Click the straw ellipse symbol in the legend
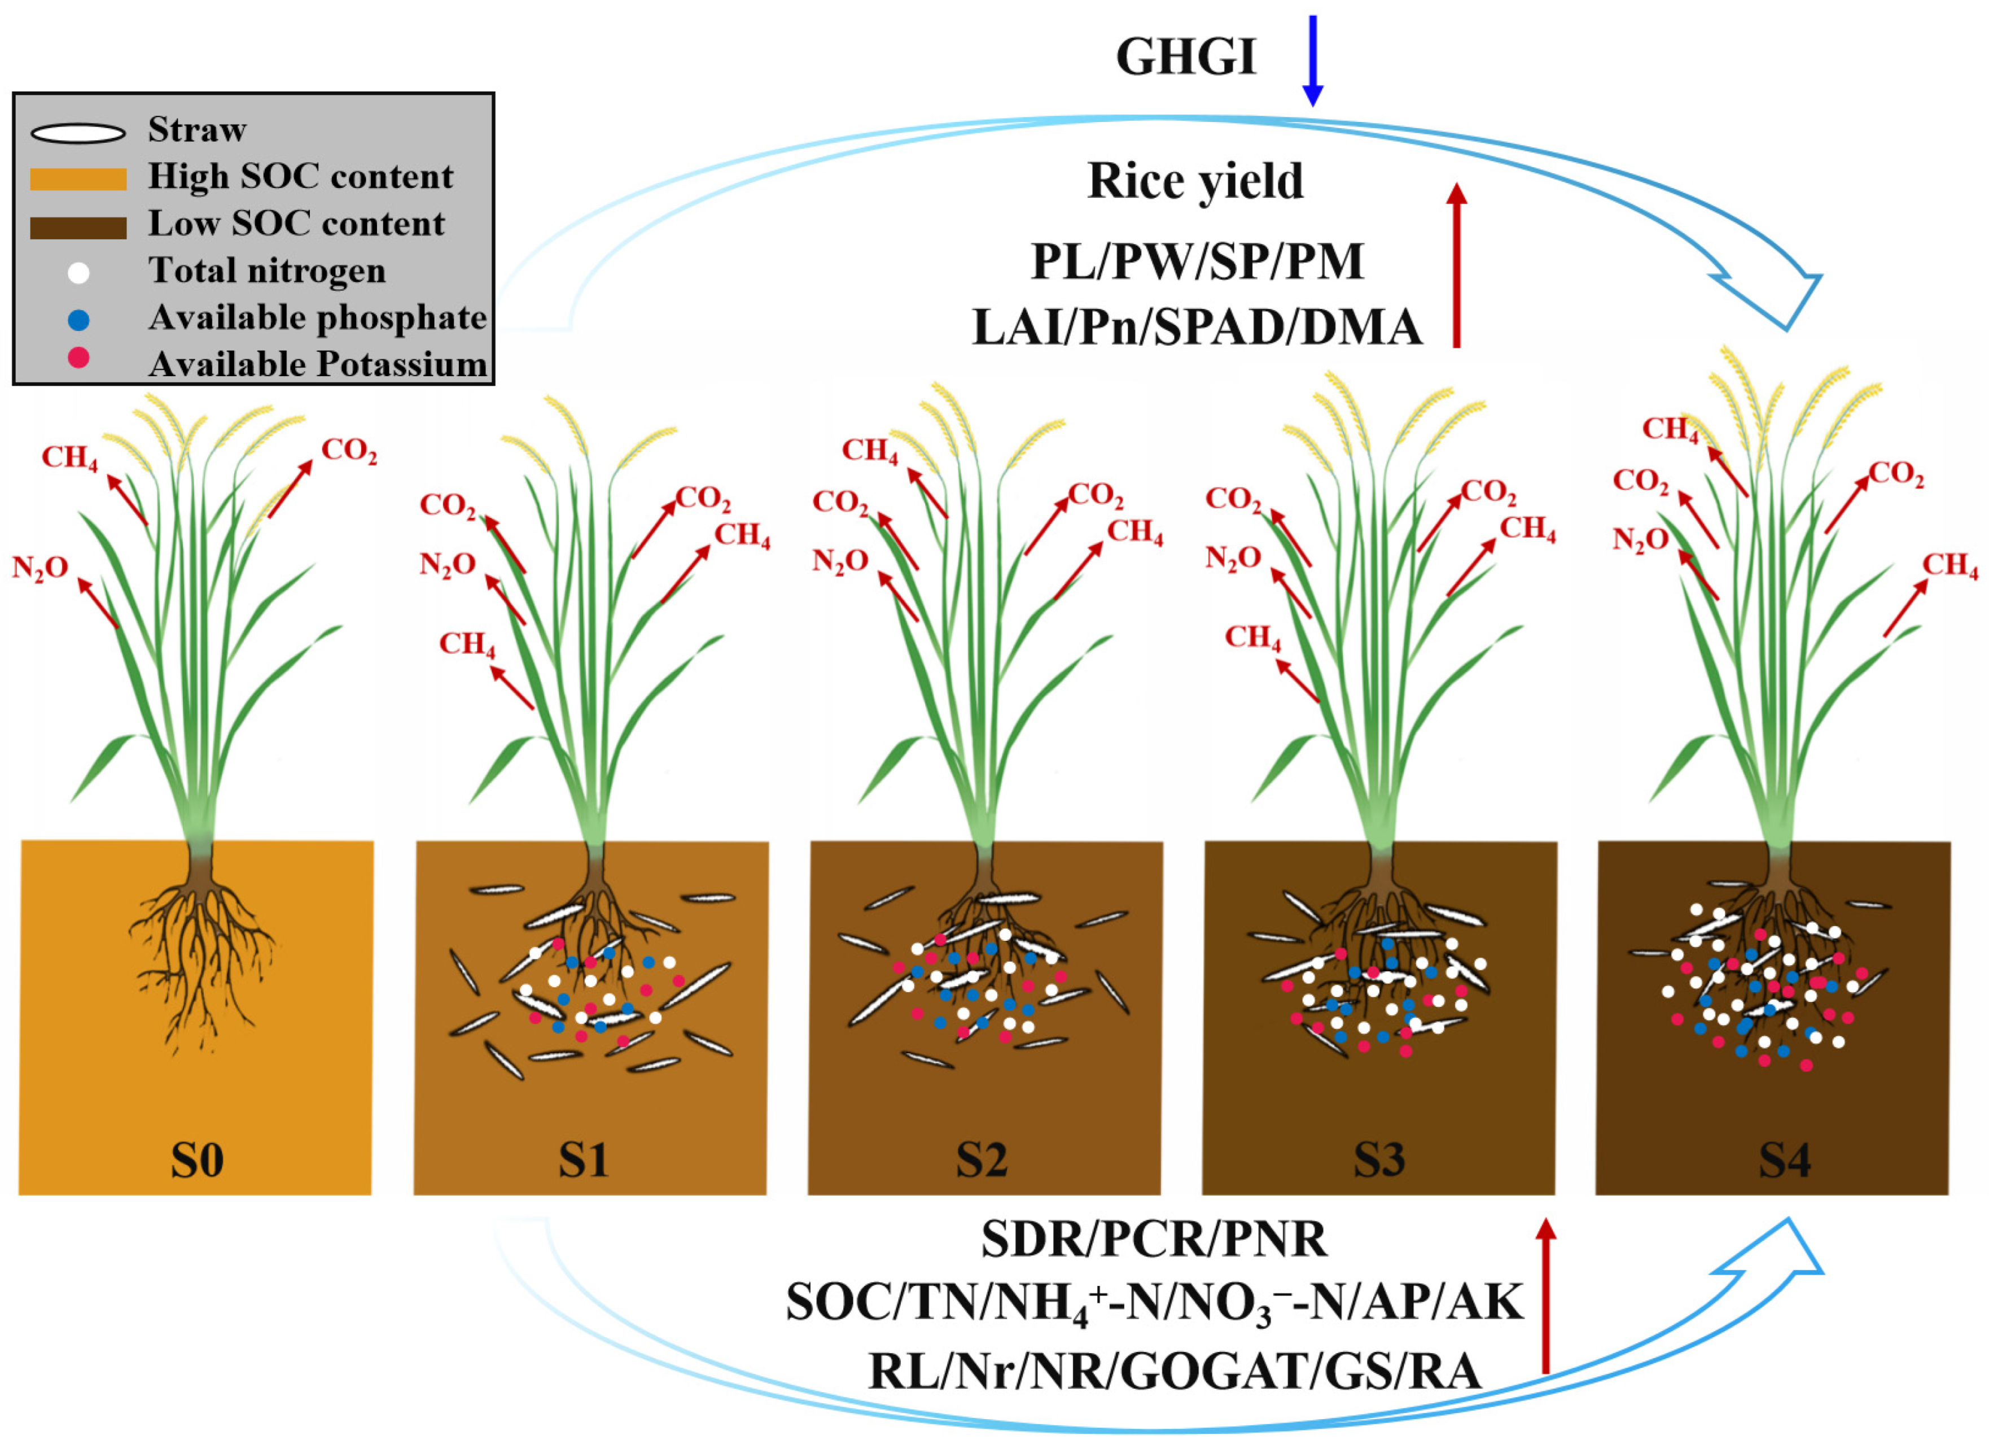tap(78, 133)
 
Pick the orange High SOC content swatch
tap(78, 179)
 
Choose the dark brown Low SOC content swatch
tap(78, 227)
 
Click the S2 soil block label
tap(982, 1161)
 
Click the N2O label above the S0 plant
tap(40, 569)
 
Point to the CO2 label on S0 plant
tap(349, 451)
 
